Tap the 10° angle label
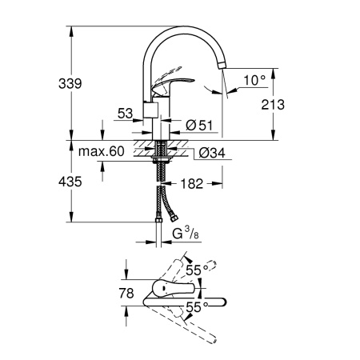[x=254, y=80]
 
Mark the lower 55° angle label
[x=197, y=306]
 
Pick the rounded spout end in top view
[x=222, y=302]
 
